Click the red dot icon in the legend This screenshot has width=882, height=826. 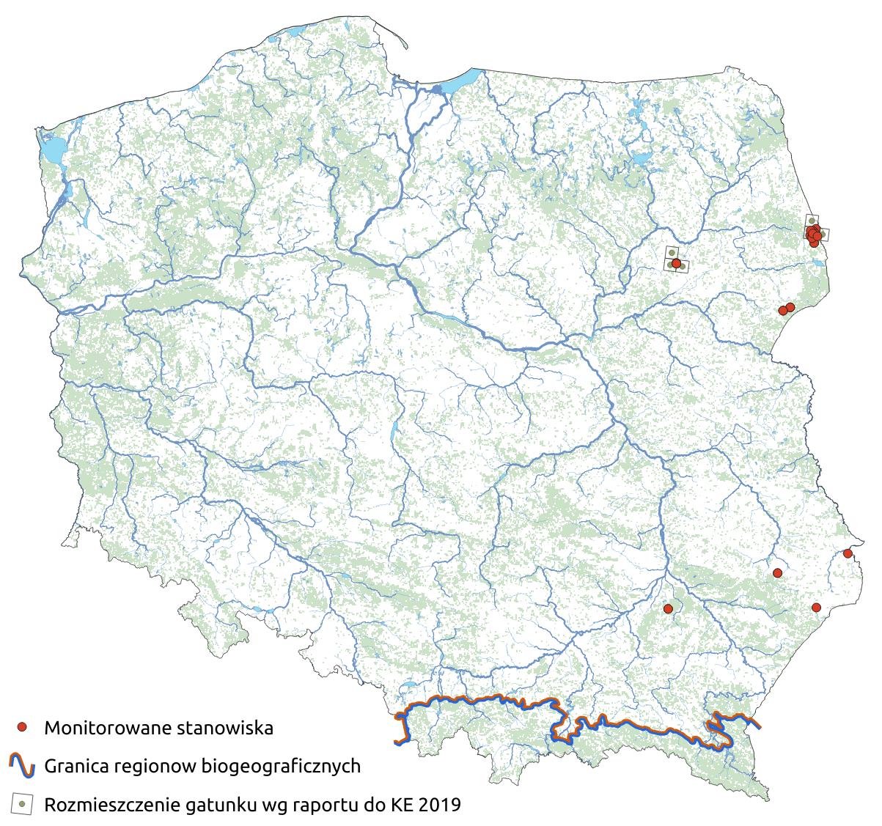23,728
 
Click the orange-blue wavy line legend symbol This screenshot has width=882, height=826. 23,766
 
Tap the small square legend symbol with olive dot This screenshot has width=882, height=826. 23,804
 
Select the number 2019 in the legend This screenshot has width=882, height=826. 440,805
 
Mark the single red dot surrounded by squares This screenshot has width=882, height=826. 675,263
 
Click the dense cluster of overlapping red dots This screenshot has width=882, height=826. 814,235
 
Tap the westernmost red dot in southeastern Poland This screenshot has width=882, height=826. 667,608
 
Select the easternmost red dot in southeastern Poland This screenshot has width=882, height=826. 848,553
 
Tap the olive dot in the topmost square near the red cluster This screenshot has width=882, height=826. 812,221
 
